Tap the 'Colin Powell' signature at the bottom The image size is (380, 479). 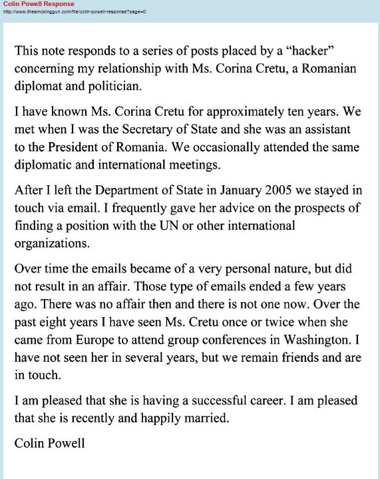pyautogui.click(x=50, y=442)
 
